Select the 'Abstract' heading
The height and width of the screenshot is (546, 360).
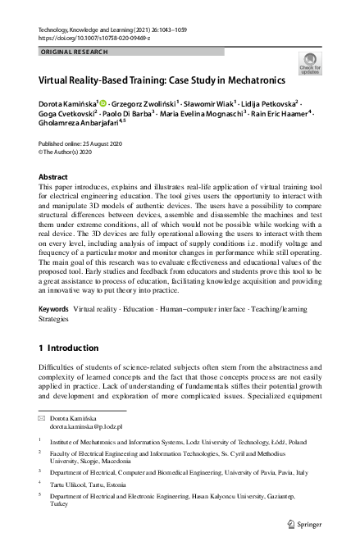point(54,176)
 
